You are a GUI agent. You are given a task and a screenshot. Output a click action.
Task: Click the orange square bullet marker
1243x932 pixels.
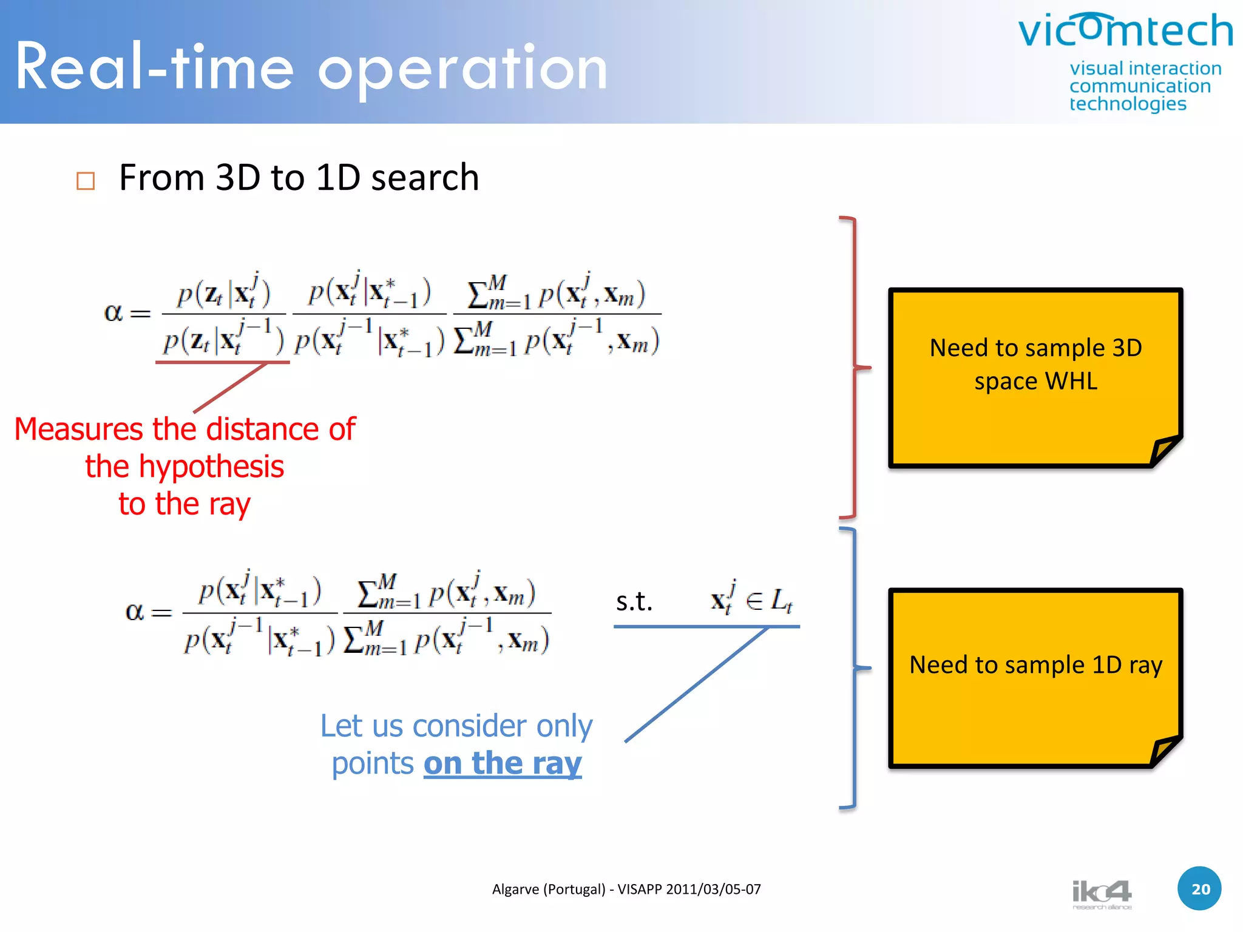pos(86,181)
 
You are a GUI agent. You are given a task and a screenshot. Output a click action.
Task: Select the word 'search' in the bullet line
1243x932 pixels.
pos(425,178)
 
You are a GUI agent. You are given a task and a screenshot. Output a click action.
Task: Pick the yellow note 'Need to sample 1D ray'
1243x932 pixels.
pos(1035,677)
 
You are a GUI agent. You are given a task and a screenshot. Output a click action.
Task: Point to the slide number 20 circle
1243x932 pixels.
pos(1199,889)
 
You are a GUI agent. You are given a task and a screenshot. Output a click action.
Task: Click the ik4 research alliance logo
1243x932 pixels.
pos(1102,894)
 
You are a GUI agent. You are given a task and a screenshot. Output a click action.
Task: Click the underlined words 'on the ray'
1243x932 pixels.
pos(503,763)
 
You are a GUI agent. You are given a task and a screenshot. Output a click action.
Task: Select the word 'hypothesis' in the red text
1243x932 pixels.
pos(211,467)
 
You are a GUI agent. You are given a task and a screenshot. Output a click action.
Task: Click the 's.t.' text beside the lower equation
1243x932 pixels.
pos(634,601)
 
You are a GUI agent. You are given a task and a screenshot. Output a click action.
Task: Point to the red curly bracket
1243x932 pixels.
pos(855,367)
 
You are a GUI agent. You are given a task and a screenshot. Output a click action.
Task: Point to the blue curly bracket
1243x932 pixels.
pos(855,667)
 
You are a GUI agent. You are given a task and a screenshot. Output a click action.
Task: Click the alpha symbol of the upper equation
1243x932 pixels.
pos(113,313)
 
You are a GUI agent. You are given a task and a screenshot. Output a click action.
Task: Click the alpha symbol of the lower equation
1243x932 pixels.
pos(134,612)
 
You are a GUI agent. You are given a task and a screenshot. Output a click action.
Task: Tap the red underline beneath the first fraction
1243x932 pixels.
pos(222,362)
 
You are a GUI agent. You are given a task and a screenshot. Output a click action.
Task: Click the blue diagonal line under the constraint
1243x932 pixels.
pos(697,684)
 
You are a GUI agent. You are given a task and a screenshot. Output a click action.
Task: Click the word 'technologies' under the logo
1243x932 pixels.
pos(1127,104)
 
